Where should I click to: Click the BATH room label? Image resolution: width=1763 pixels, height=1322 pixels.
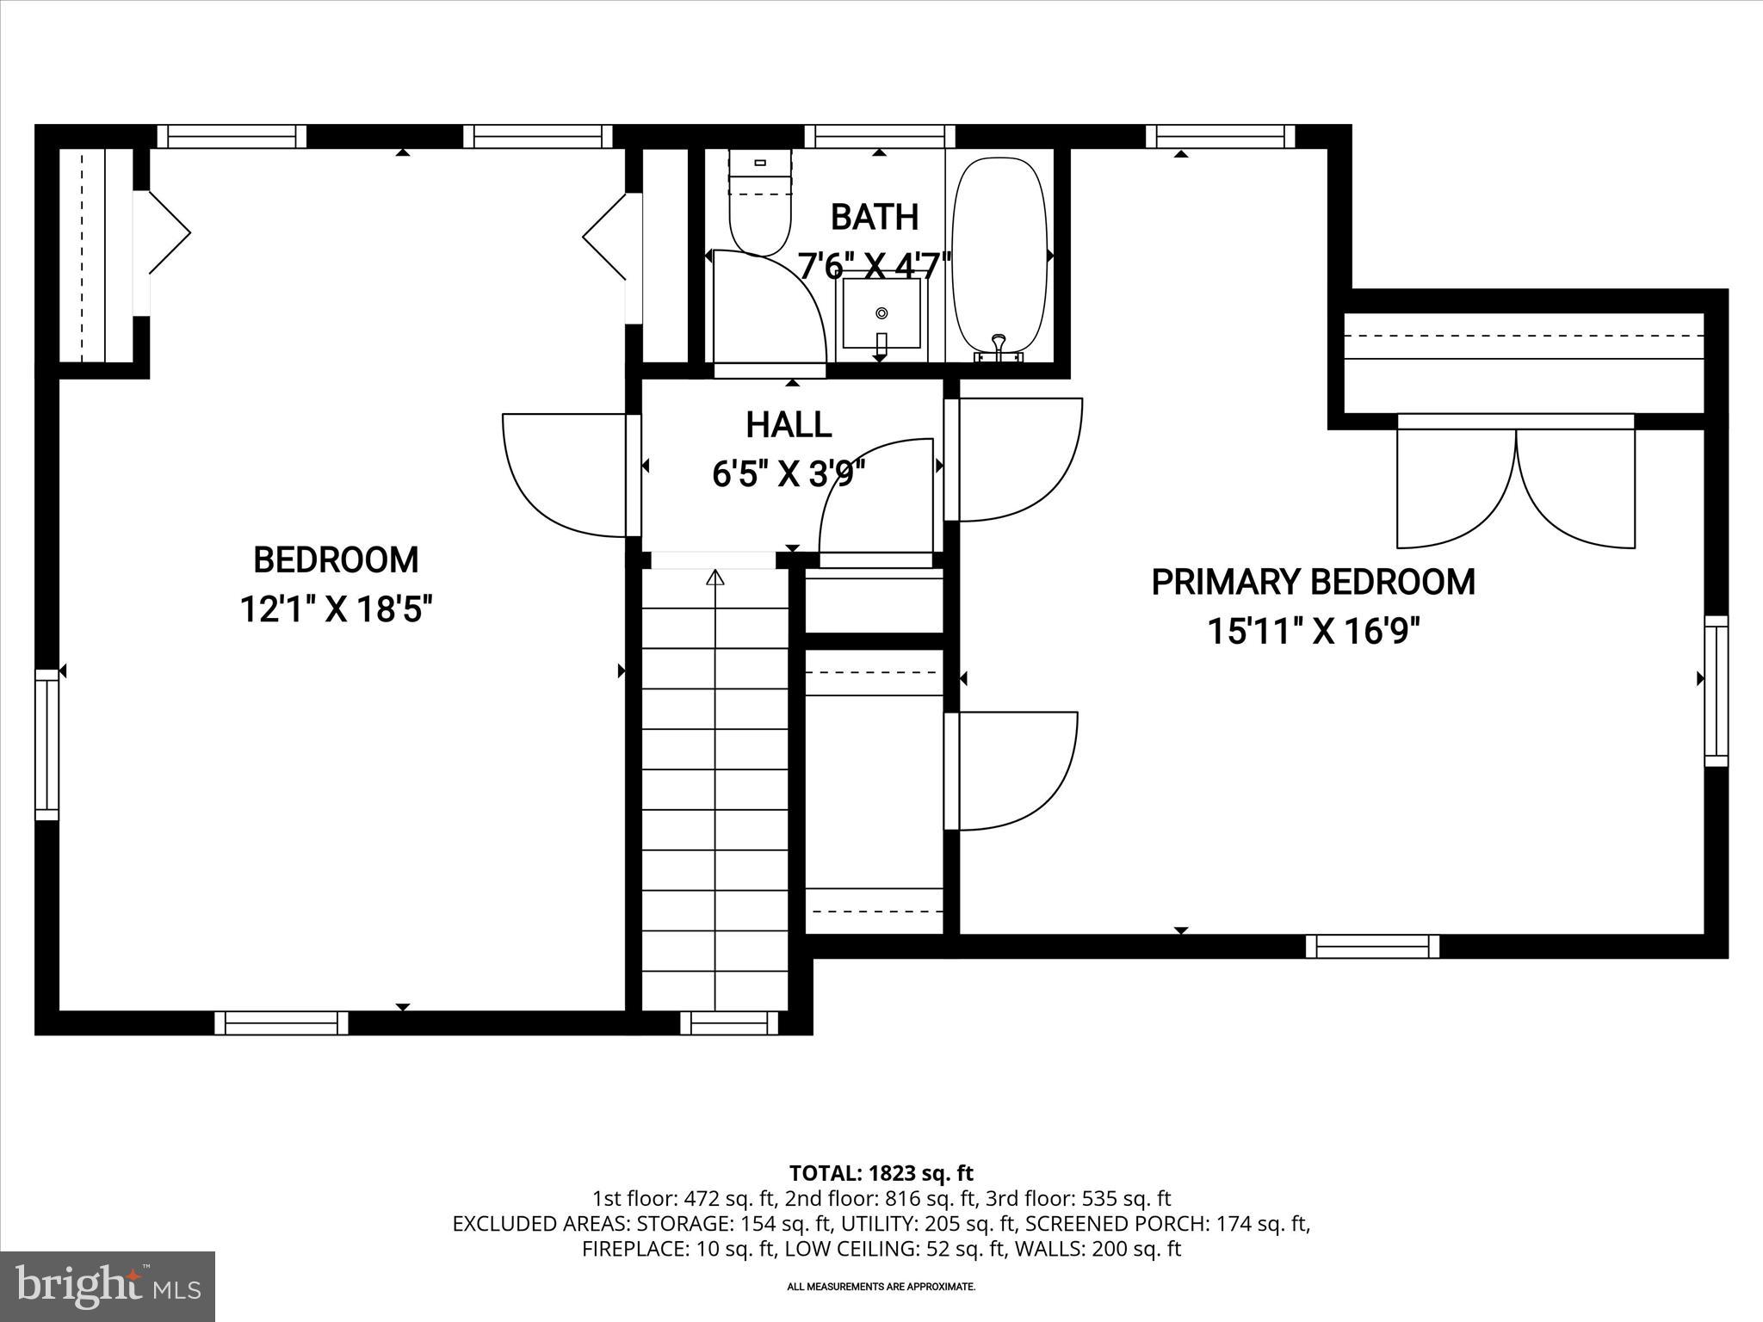[x=875, y=217]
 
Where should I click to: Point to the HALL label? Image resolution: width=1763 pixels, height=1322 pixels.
[x=788, y=425]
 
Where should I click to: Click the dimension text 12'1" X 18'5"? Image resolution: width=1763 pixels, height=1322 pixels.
[x=335, y=610]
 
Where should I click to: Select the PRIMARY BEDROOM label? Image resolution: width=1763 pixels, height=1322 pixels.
[x=1312, y=582]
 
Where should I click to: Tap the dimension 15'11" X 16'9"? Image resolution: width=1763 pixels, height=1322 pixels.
[x=1312, y=632]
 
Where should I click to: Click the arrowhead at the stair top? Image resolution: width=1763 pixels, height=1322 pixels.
[x=714, y=578]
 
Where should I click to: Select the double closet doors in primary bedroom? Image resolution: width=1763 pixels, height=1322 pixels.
[x=1515, y=486]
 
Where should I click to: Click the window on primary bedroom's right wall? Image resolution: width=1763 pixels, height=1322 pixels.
[x=1716, y=691]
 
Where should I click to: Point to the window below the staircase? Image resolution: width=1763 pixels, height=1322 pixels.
[x=728, y=1022]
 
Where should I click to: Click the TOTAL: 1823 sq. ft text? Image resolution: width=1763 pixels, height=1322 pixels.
[x=881, y=1173]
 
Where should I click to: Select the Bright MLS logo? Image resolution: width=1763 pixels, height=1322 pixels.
[x=108, y=1287]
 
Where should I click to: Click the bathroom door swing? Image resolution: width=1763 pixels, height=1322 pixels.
[x=770, y=310]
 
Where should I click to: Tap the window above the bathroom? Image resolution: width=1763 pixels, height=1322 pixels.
[x=880, y=137]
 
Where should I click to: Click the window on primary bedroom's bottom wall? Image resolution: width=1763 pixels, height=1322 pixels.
[x=1372, y=947]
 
